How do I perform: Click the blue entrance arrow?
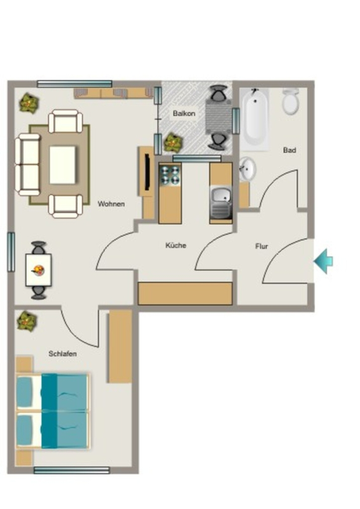point(323,261)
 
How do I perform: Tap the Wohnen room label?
point(111,204)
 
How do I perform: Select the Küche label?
point(176,245)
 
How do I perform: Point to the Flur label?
point(261,247)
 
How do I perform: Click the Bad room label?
point(290,150)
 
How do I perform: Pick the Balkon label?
point(184,114)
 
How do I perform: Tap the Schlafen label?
point(63,353)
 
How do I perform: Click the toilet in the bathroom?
point(290,102)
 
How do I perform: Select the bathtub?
point(255,119)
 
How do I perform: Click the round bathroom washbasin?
point(247,169)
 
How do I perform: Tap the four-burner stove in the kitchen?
point(170,175)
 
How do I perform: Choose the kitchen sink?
point(221,202)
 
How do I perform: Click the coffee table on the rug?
point(63,164)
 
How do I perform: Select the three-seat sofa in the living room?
point(27,165)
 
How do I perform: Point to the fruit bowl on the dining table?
point(38,270)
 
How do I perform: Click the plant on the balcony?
point(173,143)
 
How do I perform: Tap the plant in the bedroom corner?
point(27,321)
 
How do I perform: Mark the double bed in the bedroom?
point(52,411)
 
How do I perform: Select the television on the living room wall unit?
point(147,171)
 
